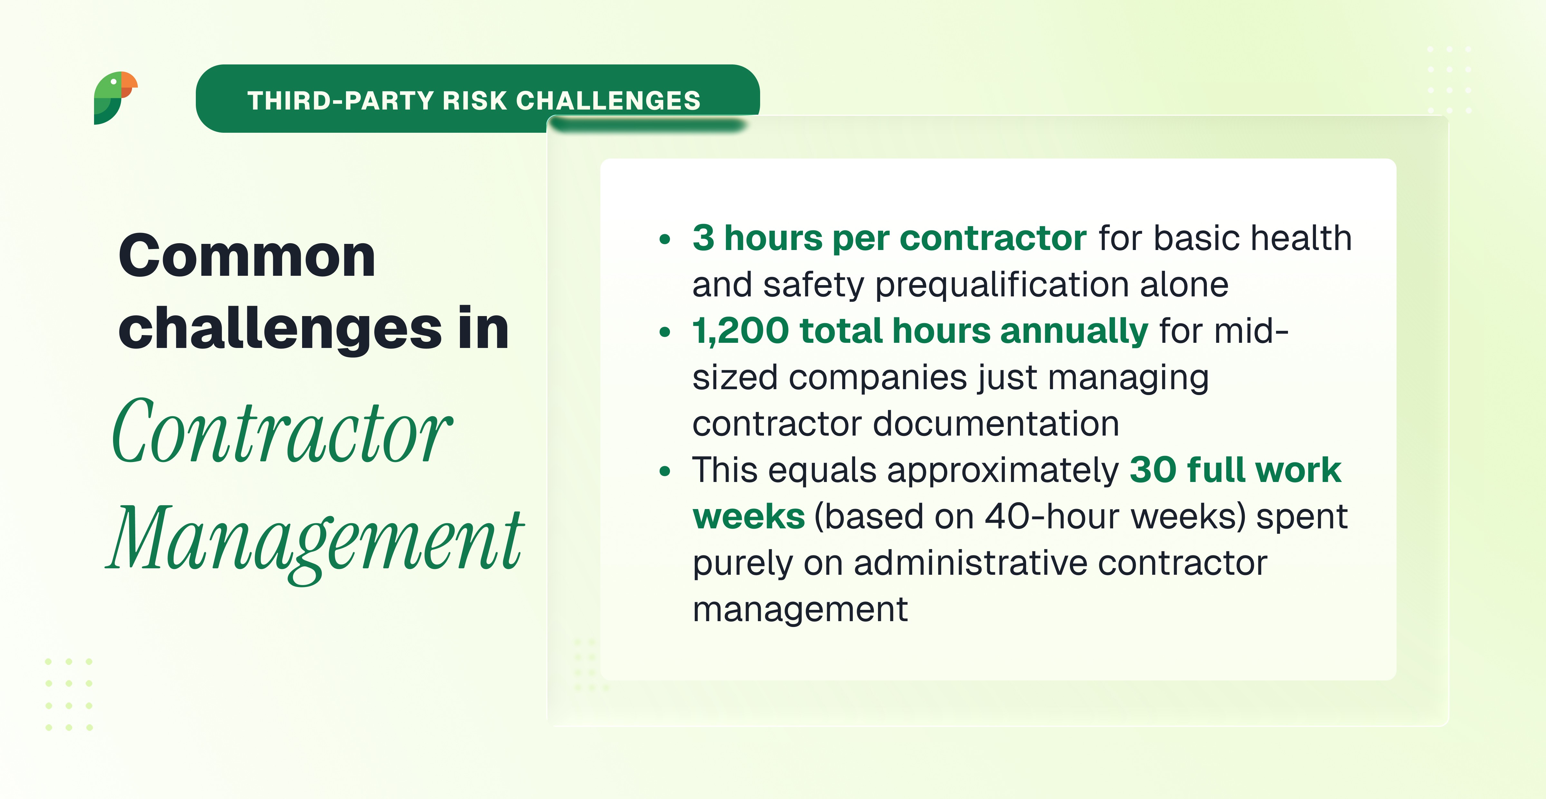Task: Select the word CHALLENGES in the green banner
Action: click(608, 100)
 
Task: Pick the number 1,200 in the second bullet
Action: click(740, 331)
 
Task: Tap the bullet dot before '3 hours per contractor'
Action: click(664, 239)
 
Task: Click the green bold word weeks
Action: click(749, 517)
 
